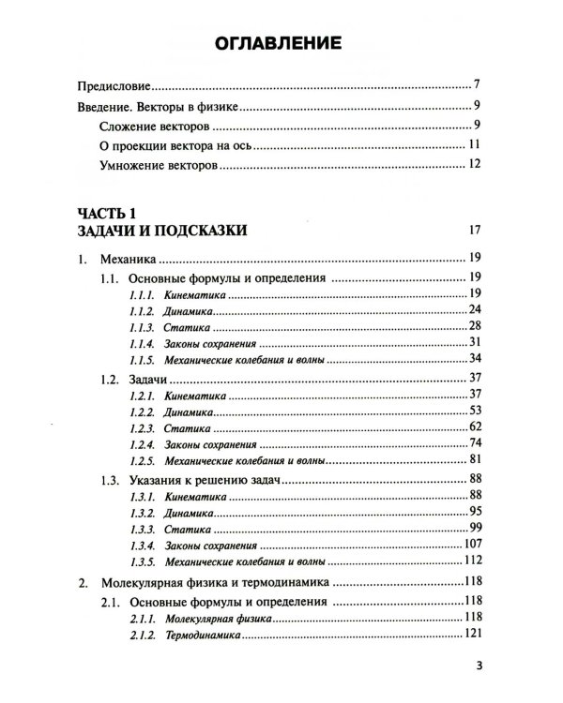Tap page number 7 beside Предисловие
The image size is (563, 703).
[478, 84]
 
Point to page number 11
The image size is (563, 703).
[474, 145]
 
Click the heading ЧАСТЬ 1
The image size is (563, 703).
[109, 212]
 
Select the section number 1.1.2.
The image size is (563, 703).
[143, 309]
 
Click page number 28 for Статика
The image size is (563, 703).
[474, 325]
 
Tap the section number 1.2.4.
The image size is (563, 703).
[143, 442]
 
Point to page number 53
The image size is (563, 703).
[474, 411]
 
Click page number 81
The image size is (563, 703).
[474, 458]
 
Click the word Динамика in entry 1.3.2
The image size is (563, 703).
[189, 513]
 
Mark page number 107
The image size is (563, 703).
[472, 544]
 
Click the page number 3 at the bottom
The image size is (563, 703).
[478, 669]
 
